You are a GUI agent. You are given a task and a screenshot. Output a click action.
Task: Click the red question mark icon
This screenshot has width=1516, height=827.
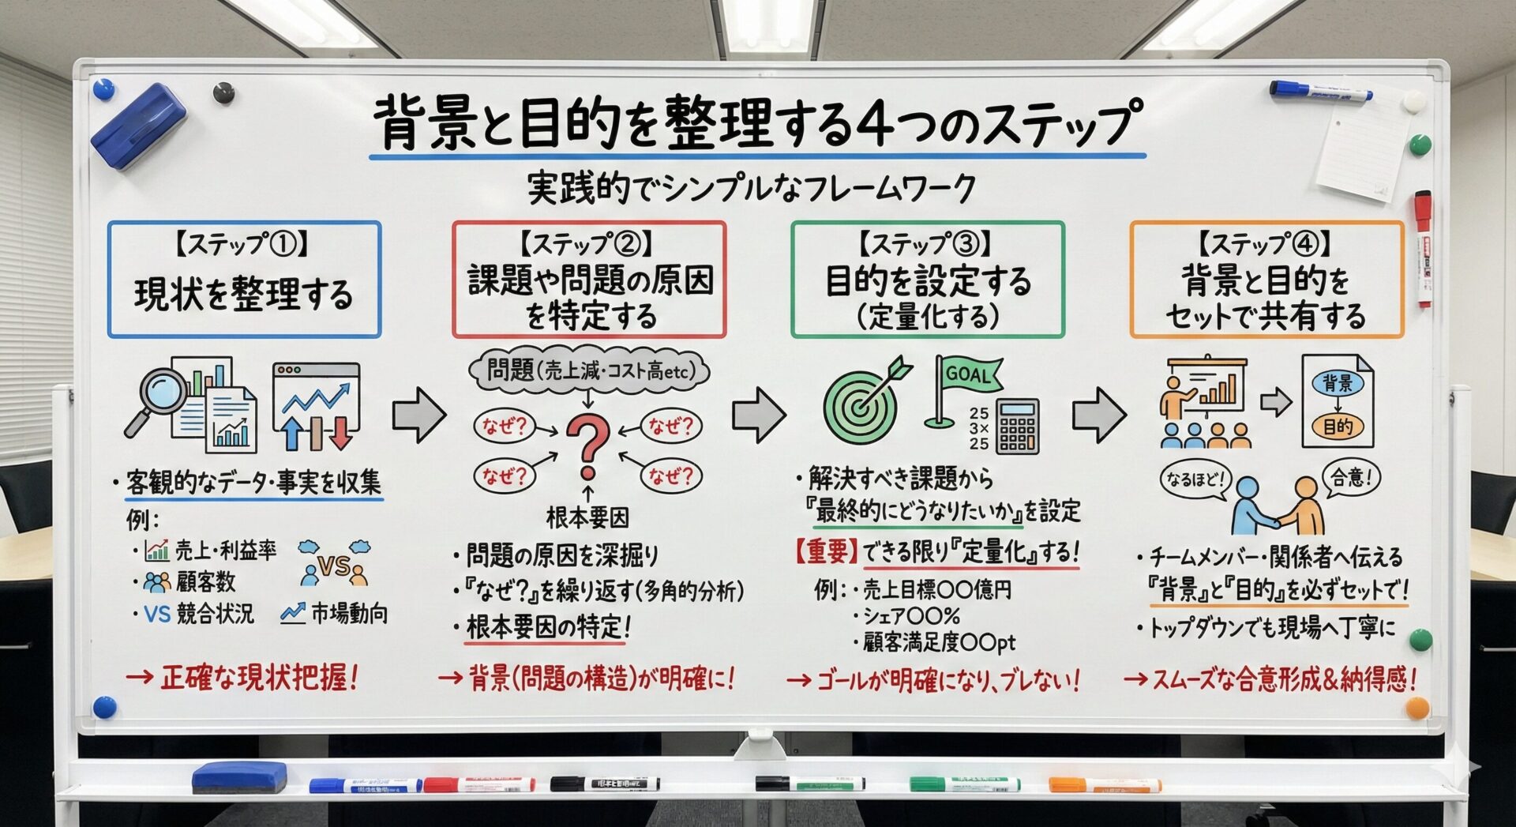point(588,445)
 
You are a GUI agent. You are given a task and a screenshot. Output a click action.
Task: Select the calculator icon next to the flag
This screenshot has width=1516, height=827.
point(1018,426)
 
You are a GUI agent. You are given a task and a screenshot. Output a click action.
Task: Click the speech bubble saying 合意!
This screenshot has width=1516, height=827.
point(1351,478)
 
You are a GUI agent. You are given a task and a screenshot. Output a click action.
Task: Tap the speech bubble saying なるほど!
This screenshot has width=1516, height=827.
point(1195,479)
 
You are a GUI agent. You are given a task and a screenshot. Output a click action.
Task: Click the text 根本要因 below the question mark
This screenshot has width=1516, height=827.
point(587,518)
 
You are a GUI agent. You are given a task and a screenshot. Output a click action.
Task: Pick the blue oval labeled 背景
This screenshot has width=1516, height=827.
point(1338,383)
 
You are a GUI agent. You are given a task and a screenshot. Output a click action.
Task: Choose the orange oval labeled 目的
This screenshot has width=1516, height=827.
point(1338,427)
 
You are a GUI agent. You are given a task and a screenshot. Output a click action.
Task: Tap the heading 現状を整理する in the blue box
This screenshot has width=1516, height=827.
point(243,294)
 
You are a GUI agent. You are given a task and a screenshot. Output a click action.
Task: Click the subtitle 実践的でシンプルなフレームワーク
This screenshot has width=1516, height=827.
point(751,189)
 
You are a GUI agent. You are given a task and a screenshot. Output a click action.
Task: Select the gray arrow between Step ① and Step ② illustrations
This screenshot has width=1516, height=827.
point(419,415)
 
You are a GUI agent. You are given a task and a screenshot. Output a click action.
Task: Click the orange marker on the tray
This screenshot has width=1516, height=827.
point(1105,784)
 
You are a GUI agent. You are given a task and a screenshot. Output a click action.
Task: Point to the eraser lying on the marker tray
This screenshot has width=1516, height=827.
point(239,776)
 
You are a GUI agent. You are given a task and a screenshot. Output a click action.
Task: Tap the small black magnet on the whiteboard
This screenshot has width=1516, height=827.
point(224,92)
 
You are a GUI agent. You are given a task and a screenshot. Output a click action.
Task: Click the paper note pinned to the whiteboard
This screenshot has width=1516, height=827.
point(1356,150)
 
